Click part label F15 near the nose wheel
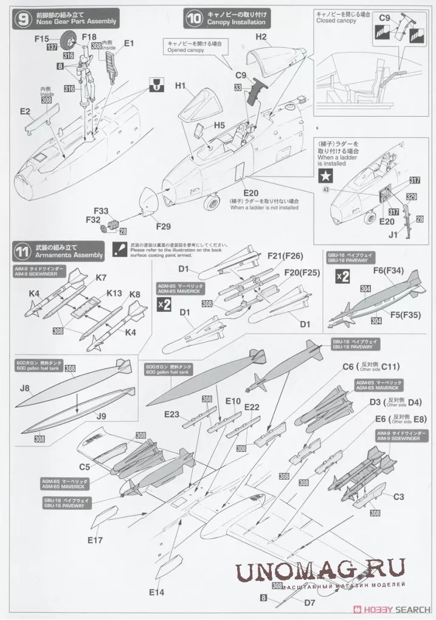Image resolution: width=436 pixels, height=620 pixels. (41, 38)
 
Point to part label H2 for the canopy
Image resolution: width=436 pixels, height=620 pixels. (261, 37)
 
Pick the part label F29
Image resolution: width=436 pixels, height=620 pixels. (162, 226)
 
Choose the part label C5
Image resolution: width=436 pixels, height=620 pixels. (84, 466)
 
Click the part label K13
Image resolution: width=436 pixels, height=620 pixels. (114, 293)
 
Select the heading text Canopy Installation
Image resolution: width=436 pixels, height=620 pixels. (236, 22)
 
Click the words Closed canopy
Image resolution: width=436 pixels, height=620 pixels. (337, 21)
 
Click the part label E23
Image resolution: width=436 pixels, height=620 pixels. (171, 415)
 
